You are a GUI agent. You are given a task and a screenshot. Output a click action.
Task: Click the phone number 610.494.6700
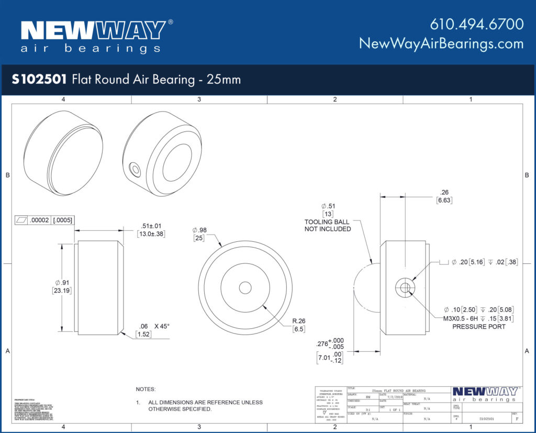(476, 24)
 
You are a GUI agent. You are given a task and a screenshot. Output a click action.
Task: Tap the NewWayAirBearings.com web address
(441, 43)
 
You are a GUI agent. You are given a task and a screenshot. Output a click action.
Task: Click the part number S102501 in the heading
(39, 80)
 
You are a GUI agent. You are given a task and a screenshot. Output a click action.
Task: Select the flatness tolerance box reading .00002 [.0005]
(44, 220)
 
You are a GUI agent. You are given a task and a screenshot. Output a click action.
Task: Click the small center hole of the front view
(245, 287)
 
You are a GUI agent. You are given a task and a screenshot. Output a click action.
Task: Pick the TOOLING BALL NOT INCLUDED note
(328, 225)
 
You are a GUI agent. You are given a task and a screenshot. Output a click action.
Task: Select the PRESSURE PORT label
(478, 326)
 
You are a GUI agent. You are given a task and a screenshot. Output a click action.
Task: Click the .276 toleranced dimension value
(323, 344)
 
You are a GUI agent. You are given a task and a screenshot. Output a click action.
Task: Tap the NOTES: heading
(146, 390)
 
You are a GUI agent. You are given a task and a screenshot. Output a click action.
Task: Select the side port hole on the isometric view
(136, 169)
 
